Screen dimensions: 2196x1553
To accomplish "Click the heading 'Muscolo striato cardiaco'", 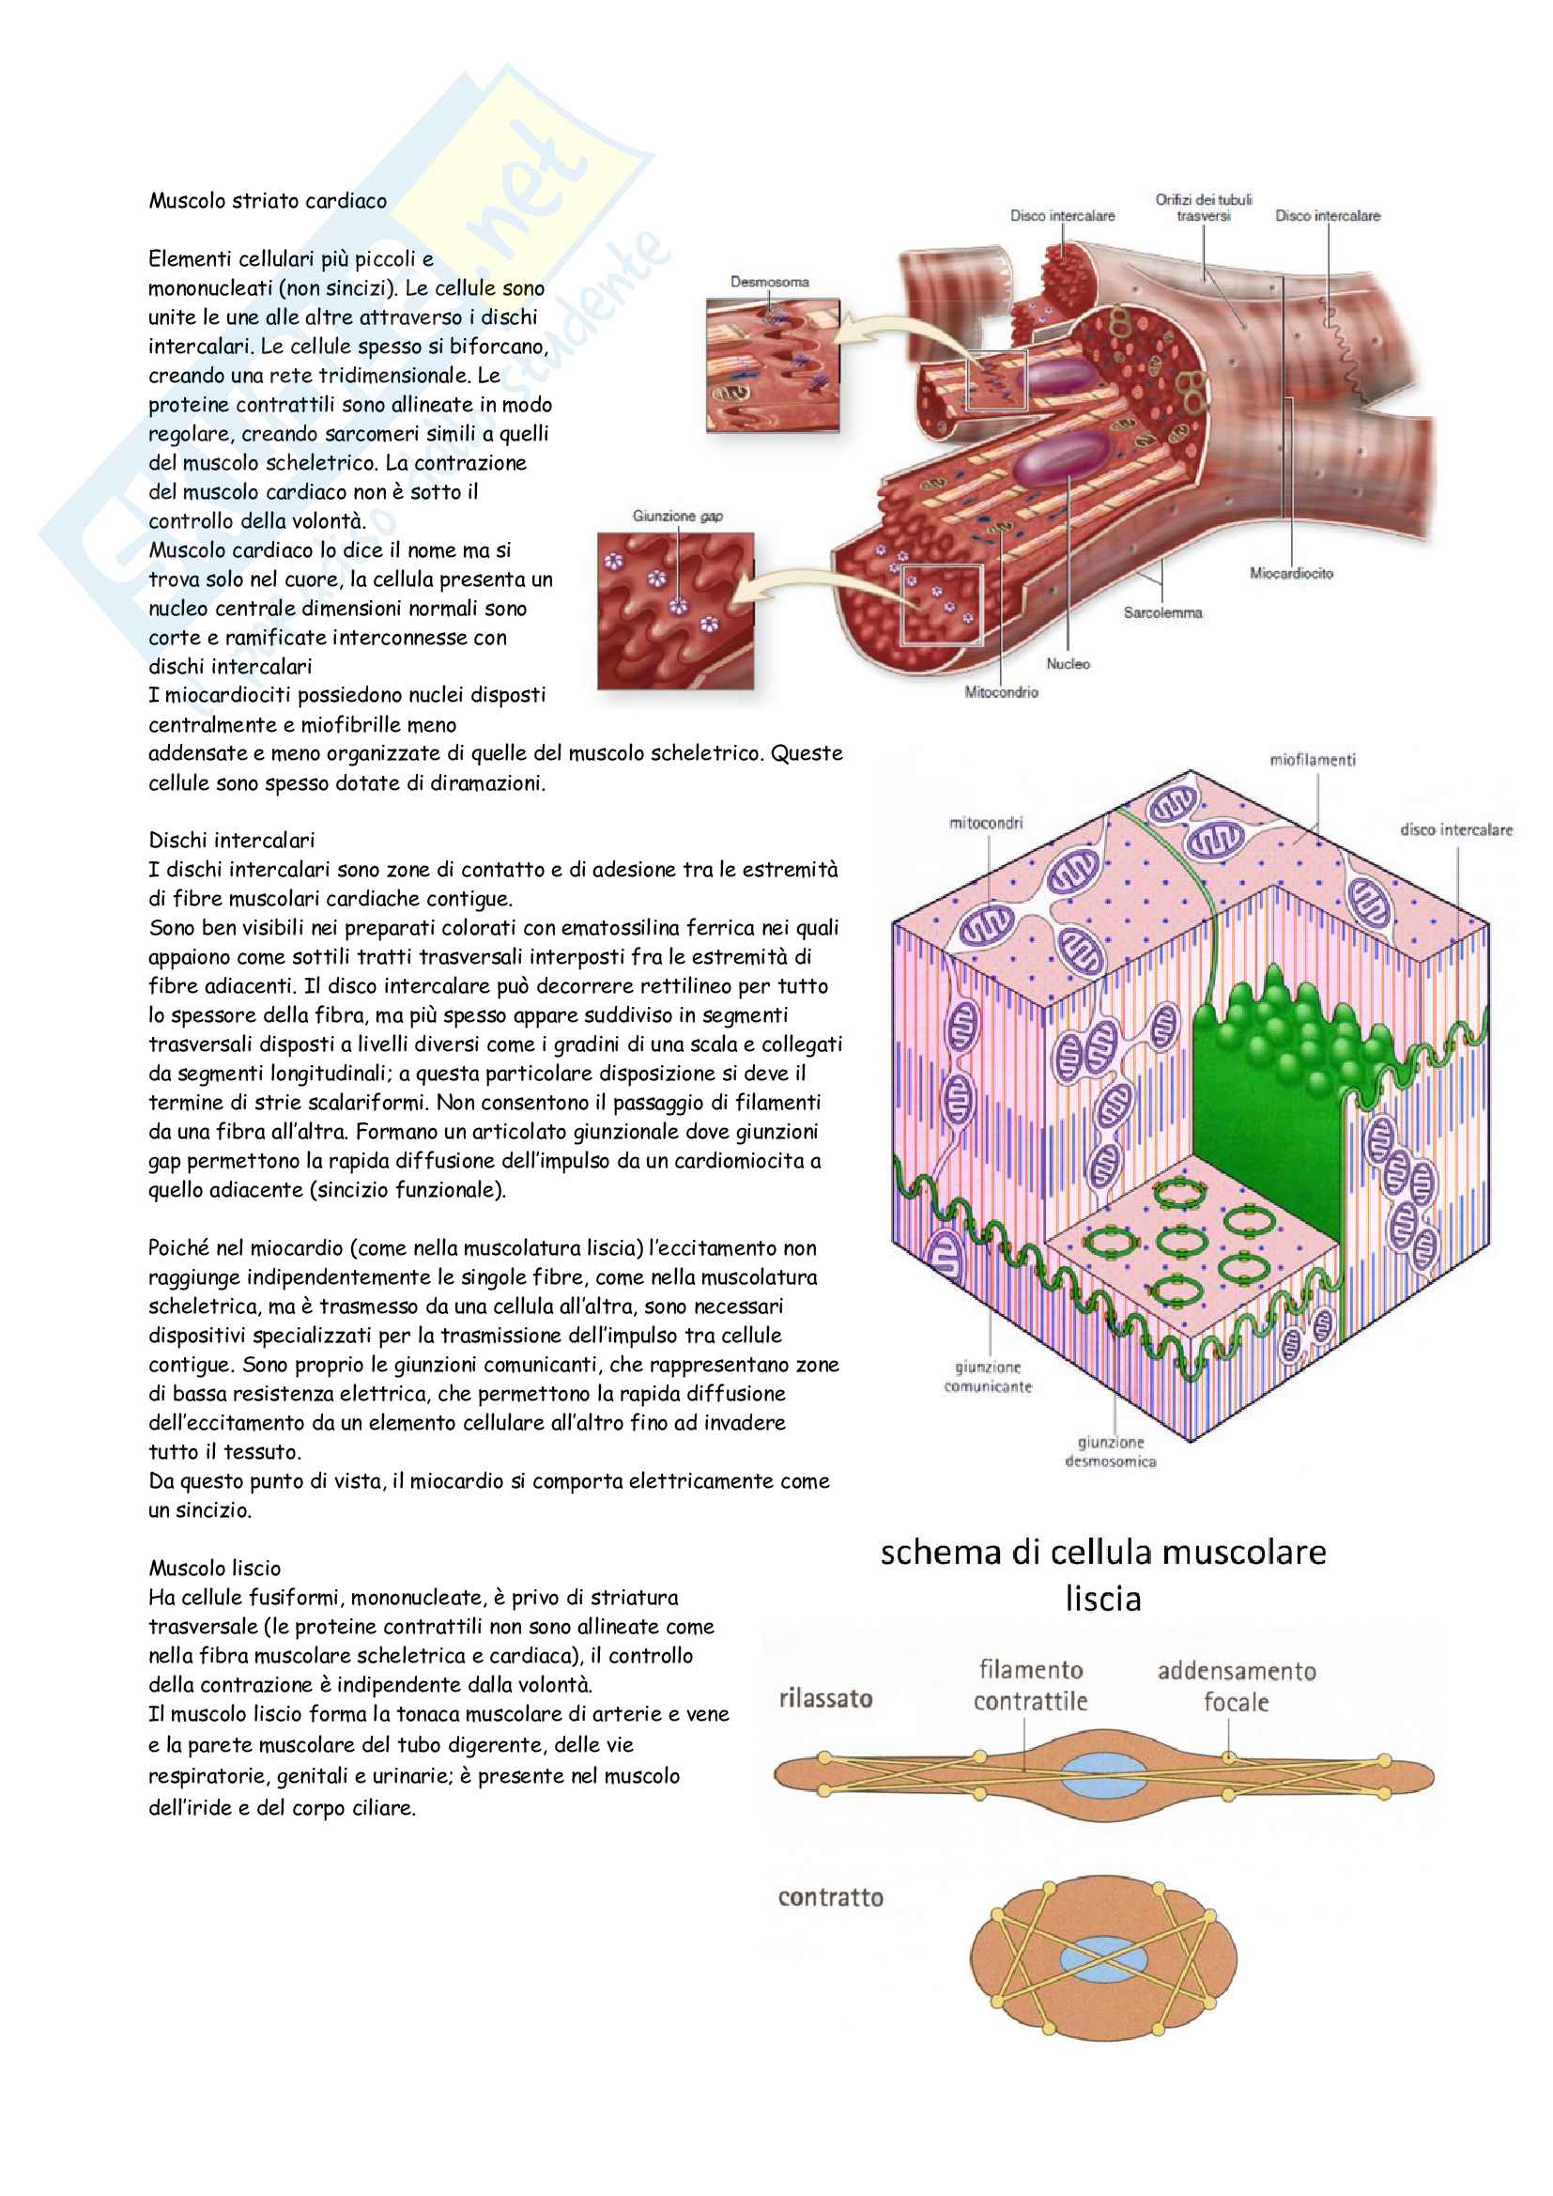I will [x=267, y=201].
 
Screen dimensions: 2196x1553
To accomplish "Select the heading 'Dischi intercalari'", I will [x=231, y=840].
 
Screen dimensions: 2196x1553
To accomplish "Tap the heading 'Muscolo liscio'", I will [x=214, y=1568].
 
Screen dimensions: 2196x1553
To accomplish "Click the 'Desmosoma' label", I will [x=769, y=282].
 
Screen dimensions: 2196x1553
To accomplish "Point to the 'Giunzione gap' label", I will [x=677, y=517].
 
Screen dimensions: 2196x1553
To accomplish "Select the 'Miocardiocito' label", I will [x=1291, y=573].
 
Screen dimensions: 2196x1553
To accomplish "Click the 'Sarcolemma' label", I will [x=1161, y=612].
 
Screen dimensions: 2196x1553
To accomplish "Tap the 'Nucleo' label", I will [x=1068, y=663].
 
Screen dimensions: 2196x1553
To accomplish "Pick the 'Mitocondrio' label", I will [x=1000, y=691].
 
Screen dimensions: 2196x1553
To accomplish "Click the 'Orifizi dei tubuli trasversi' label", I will [x=1203, y=208].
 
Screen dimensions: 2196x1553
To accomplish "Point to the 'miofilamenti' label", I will [x=1312, y=760].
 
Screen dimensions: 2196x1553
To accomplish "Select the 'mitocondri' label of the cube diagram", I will [x=985, y=823].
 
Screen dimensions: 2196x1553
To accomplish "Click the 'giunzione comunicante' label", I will [x=988, y=1376].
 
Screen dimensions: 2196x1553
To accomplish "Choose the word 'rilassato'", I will [x=825, y=1697].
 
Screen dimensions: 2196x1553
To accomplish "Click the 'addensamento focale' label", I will [x=1236, y=1686].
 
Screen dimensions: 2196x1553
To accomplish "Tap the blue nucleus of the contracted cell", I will [x=1103, y=1958].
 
